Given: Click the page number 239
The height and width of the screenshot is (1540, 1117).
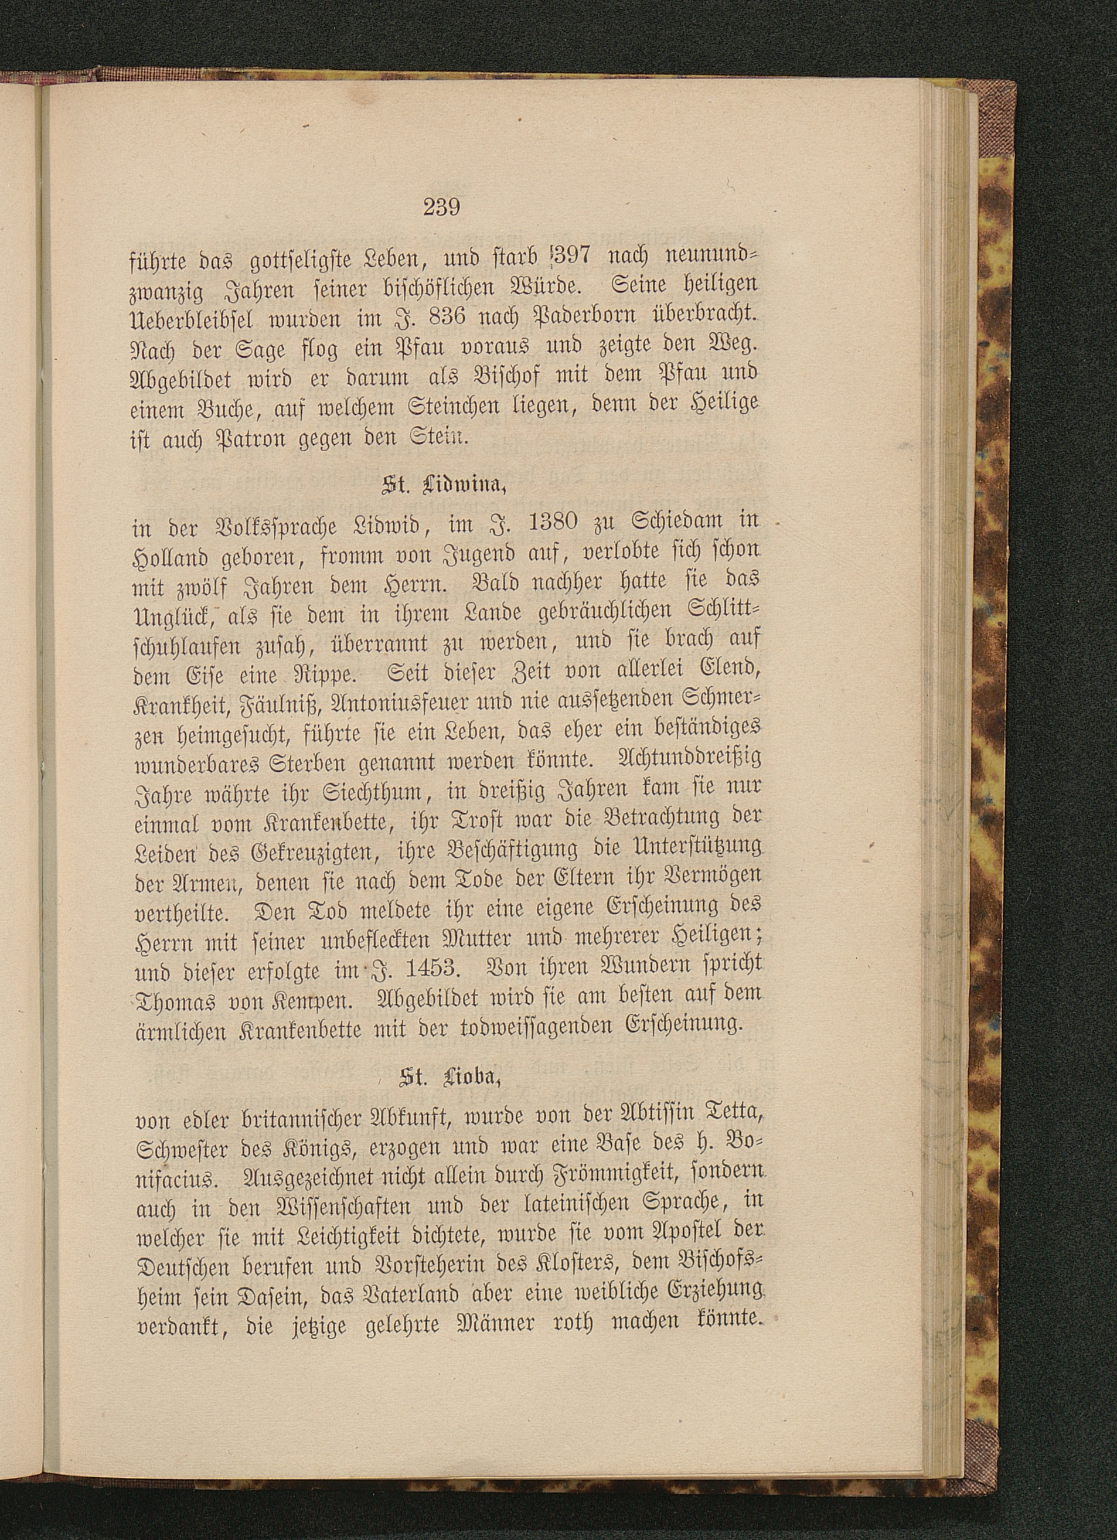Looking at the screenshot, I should (x=442, y=206).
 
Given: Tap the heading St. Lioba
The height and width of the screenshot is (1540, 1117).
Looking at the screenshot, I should (x=444, y=1077).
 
